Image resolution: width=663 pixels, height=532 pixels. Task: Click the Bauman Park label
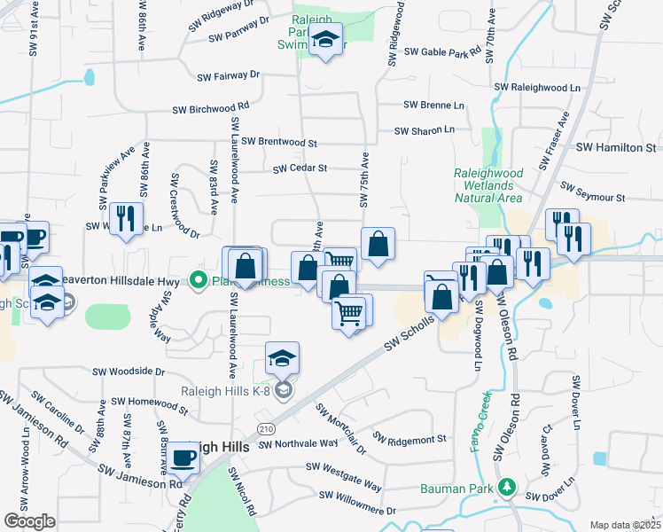458,488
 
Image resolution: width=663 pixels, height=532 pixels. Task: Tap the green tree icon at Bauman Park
507,487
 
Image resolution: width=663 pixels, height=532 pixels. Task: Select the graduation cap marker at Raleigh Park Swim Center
326,40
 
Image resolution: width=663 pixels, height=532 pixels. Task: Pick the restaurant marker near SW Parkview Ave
125,219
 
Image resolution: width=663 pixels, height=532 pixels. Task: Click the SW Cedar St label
300,168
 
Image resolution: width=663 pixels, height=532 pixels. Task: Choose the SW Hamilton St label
615,147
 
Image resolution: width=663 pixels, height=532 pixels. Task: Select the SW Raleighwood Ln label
537,88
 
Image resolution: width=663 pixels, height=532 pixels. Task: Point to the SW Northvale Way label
298,443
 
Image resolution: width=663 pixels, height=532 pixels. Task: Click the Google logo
29,521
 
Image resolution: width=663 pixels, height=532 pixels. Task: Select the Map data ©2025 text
625,525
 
